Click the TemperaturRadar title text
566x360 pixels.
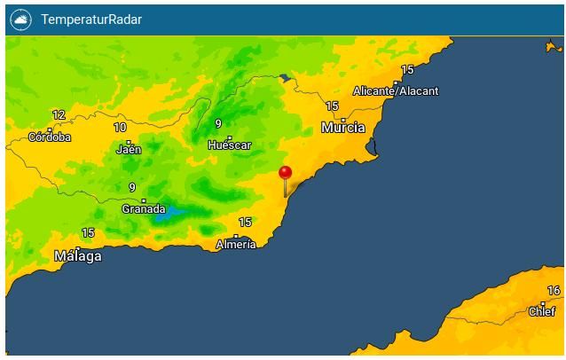coord(91,20)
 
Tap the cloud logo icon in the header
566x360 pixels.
coord(20,20)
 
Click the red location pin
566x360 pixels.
coord(285,174)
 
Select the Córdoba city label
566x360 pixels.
coord(50,137)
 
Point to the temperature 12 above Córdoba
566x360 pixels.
coord(59,115)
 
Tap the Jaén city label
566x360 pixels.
coord(129,149)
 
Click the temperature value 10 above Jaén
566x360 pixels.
coord(120,128)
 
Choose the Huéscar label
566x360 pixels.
coord(230,145)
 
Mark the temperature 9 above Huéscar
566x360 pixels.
coord(218,124)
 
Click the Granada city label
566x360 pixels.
coord(143,208)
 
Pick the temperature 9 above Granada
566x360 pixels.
coord(132,188)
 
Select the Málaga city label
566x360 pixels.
coord(78,256)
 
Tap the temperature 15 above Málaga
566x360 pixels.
coord(88,233)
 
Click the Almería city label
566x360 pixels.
coord(236,244)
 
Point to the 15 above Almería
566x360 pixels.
coord(245,223)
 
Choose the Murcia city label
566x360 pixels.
coord(343,128)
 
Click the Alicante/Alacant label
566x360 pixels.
coord(396,90)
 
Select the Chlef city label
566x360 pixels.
coord(542,311)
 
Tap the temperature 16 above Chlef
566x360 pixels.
coord(554,291)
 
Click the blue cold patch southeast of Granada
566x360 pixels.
coord(169,214)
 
